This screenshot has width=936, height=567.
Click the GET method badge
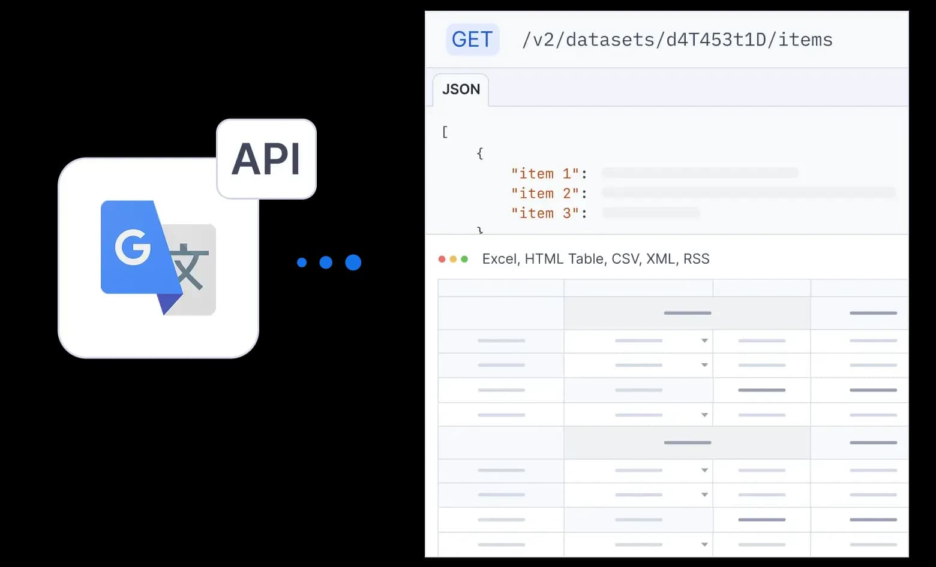pyautogui.click(x=473, y=40)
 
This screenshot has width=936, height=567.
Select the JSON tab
pyautogui.click(x=461, y=89)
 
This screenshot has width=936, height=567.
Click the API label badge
pyautogui.click(x=266, y=159)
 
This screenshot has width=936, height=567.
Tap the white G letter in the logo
pyautogui.click(x=133, y=247)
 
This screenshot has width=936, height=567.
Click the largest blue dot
pyautogui.click(x=353, y=262)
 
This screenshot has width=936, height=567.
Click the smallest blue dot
pyautogui.click(x=302, y=262)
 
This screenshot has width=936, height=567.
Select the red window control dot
pyautogui.click(x=442, y=260)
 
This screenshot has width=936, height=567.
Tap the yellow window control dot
pyautogui.click(x=453, y=260)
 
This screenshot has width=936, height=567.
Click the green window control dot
pyautogui.click(x=464, y=260)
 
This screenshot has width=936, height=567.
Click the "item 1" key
pyautogui.click(x=545, y=173)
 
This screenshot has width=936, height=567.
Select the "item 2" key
pyautogui.click(x=545, y=194)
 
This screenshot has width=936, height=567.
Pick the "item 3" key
pyautogui.click(x=545, y=213)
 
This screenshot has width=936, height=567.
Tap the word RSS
pyautogui.click(x=696, y=259)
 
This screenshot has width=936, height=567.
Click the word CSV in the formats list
pyautogui.click(x=626, y=260)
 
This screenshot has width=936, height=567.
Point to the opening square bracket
pyautogui.click(x=445, y=132)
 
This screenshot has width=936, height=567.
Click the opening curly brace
pyautogui.click(x=480, y=153)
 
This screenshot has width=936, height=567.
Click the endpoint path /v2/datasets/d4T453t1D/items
pyautogui.click(x=677, y=40)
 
